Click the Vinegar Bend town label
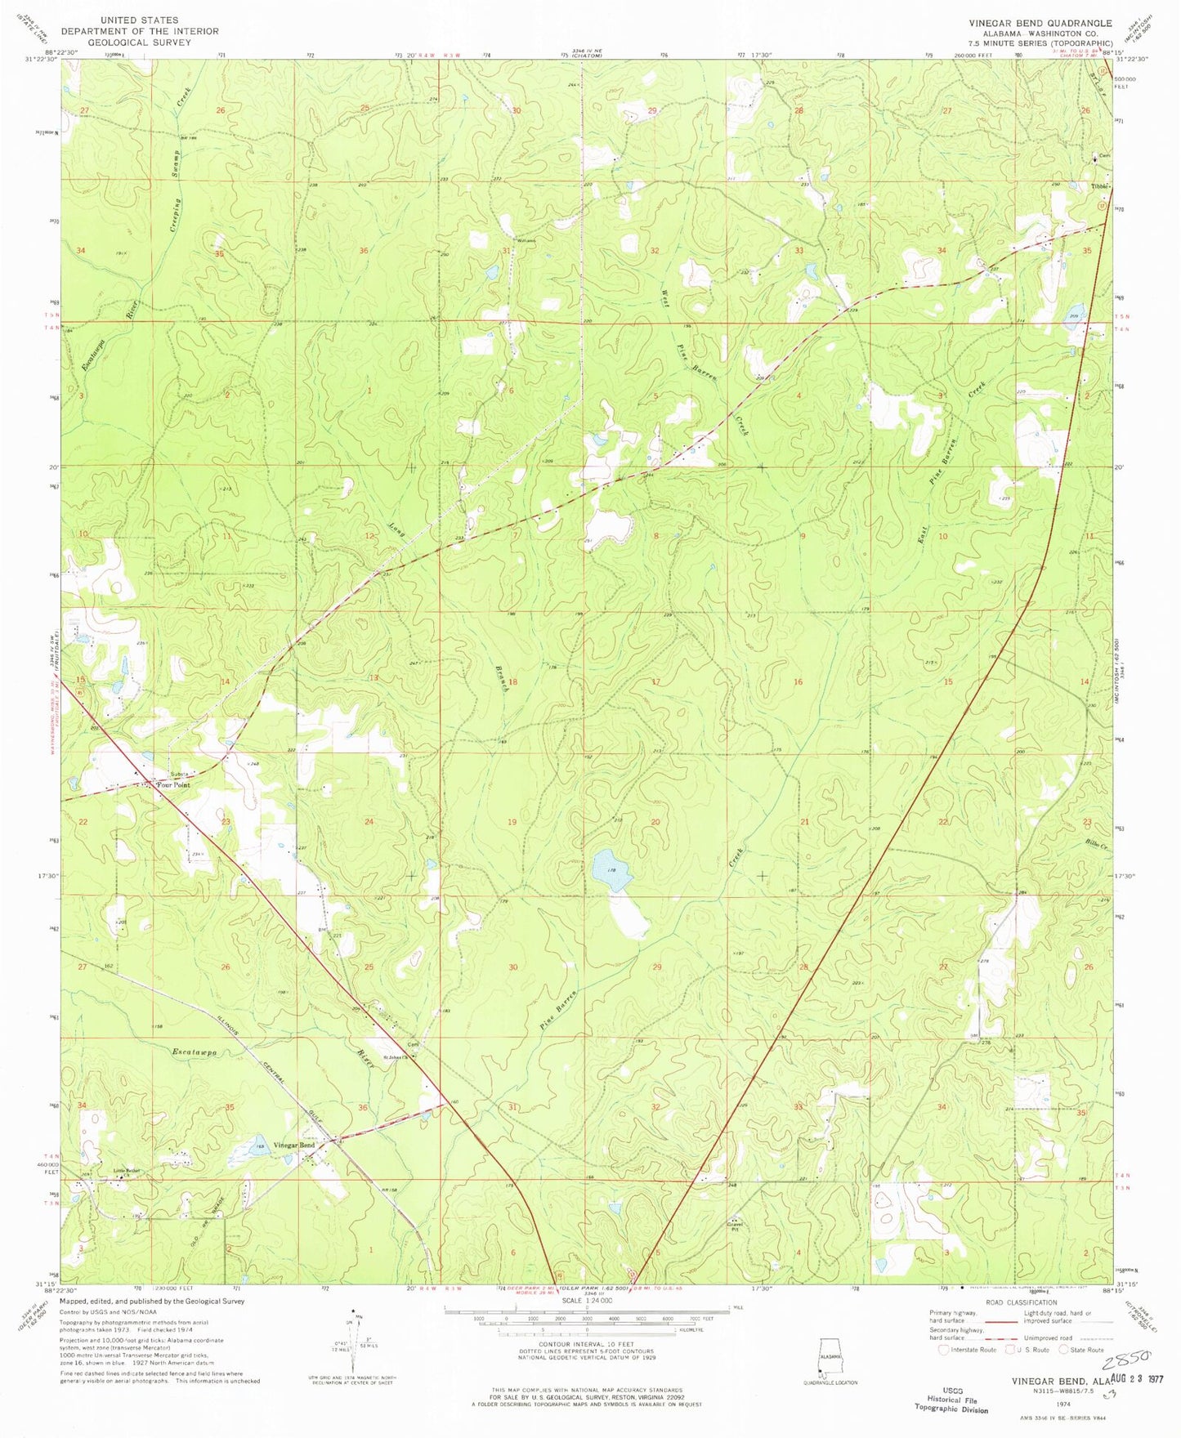(x=294, y=1145)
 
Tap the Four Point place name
(x=173, y=785)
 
